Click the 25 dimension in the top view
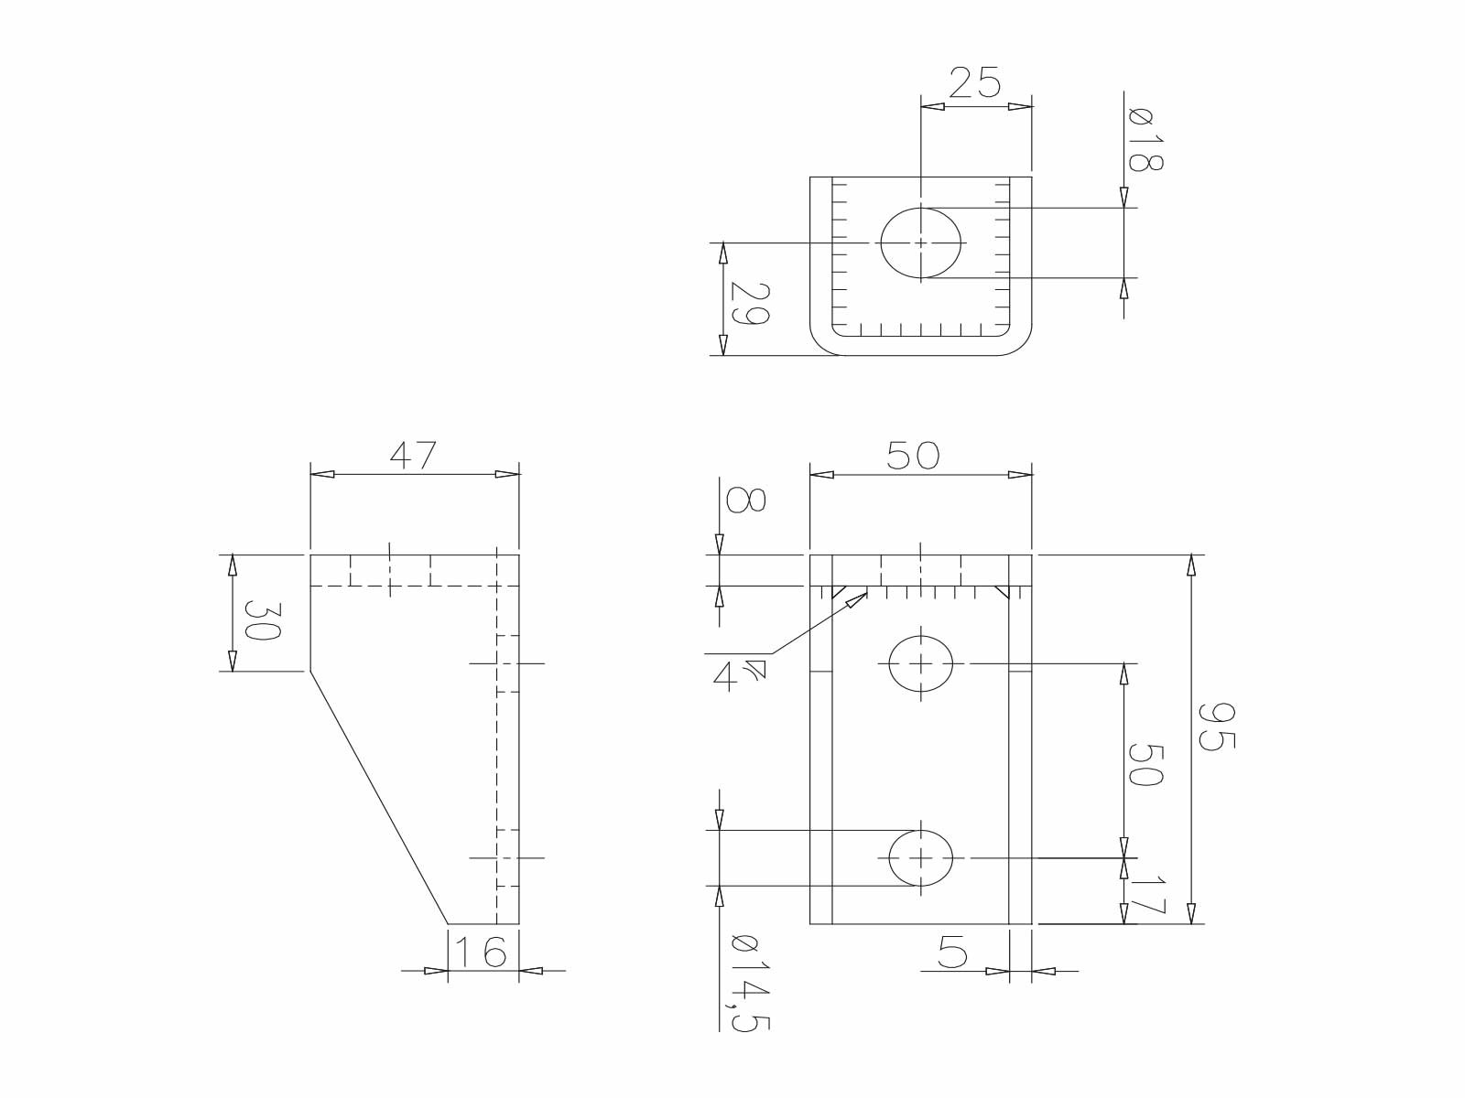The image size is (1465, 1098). coord(975,82)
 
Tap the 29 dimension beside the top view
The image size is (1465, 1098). coord(749,304)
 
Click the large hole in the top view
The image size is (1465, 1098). coord(921,242)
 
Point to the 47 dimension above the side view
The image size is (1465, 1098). coord(414,455)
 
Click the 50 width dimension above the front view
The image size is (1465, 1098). coord(914,455)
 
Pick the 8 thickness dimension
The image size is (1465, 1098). coord(745,500)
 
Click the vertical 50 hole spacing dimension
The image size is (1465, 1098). coord(1145,764)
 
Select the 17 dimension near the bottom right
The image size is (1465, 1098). coord(1145,895)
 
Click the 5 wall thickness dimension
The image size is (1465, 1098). coord(953,955)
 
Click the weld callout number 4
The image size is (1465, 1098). coord(725,677)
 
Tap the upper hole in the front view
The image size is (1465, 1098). coord(921,662)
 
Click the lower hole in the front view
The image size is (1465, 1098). coord(921,858)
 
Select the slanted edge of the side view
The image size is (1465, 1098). coord(378,796)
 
